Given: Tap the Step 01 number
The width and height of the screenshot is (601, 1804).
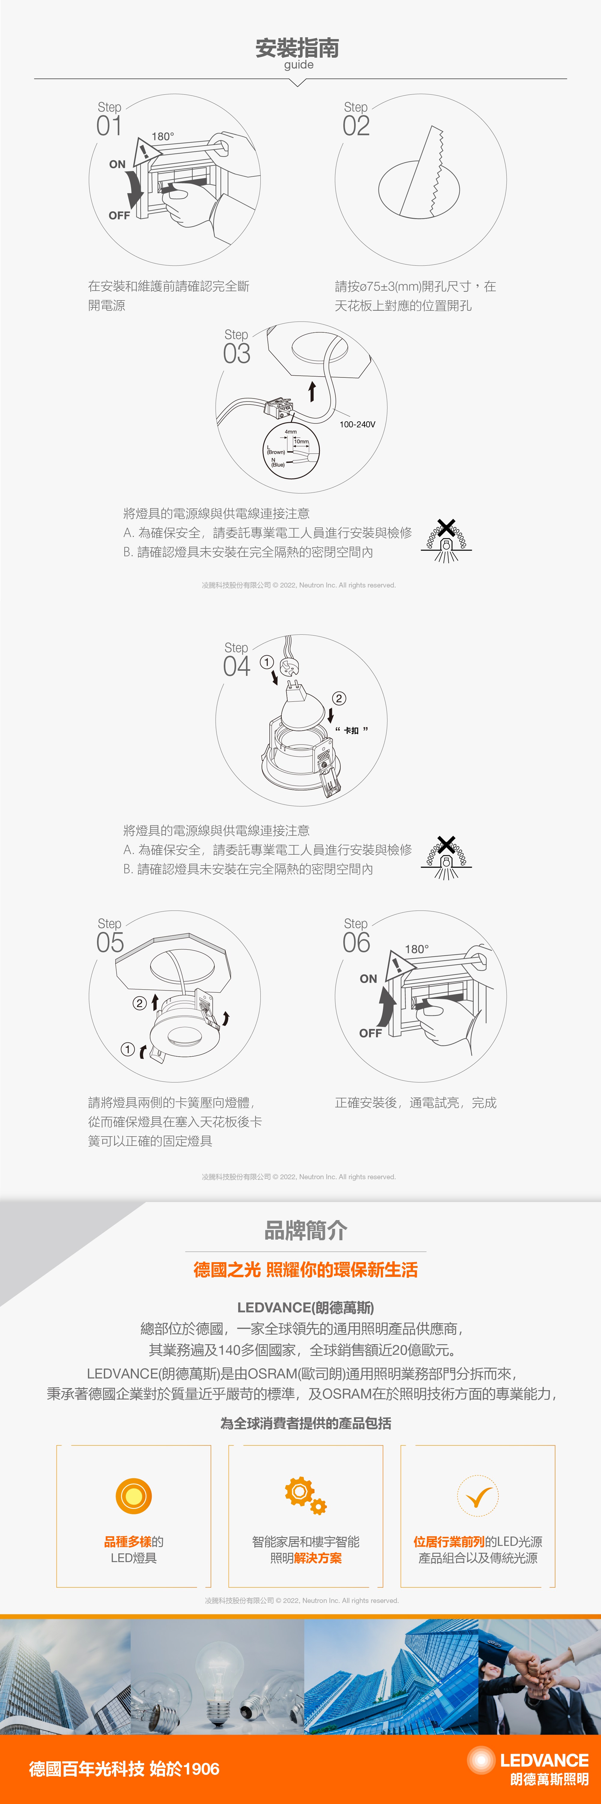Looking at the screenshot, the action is (x=109, y=126).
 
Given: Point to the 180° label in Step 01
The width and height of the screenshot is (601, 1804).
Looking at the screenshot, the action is (x=163, y=136).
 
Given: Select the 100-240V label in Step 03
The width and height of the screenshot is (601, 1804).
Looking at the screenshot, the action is (x=357, y=424).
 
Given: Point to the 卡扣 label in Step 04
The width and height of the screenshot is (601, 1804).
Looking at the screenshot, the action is (x=351, y=731).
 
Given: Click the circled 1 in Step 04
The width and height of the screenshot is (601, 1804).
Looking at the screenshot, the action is (x=267, y=662).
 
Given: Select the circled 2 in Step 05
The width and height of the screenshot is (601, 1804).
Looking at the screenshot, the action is (x=139, y=1003).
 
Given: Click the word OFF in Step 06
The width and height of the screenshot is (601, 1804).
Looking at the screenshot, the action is (x=370, y=1033).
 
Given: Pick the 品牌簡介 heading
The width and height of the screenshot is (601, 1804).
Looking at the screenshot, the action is (x=306, y=1230).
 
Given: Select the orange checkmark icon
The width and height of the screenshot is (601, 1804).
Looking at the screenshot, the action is (x=478, y=1496).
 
